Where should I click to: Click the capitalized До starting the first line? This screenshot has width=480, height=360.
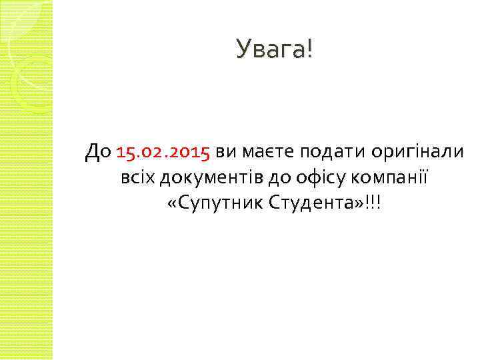pyautogui.click(x=98, y=153)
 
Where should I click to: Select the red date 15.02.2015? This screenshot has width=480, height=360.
pyautogui.click(x=163, y=153)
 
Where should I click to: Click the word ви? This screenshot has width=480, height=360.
pyautogui.click(x=225, y=153)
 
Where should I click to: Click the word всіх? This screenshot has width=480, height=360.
pyautogui.click(x=137, y=178)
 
